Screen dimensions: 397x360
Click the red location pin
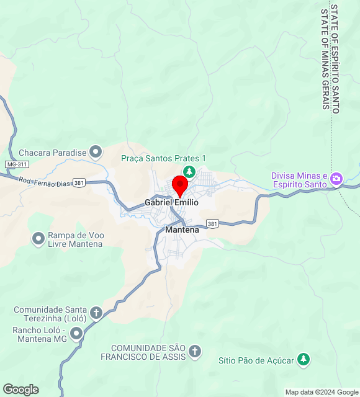[x=180, y=185]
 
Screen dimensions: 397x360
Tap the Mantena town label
[x=182, y=230]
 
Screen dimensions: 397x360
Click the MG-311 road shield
[x=17, y=164]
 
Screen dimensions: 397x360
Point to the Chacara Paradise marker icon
[x=96, y=151]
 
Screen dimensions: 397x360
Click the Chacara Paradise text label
[x=52, y=153]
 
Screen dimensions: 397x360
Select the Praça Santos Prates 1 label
[x=163, y=158]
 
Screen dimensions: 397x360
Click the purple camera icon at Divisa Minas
[x=336, y=179]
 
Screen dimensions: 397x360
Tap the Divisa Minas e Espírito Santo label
[x=299, y=180]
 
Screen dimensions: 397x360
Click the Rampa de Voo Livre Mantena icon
[x=38, y=238]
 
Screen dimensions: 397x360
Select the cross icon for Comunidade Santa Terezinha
[x=96, y=312]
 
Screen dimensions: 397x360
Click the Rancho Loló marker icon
[x=76, y=334]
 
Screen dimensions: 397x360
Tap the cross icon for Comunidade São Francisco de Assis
[x=195, y=352]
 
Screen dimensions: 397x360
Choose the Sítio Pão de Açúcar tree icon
[x=303, y=359]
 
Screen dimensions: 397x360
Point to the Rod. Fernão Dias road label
[x=44, y=181]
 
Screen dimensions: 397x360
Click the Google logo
[x=20, y=390]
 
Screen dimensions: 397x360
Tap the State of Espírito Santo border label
[x=335, y=59]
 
